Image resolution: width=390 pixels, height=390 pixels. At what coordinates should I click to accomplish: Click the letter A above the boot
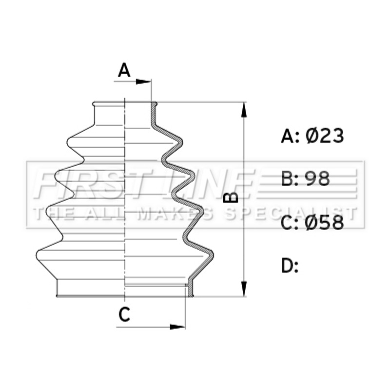[124, 70]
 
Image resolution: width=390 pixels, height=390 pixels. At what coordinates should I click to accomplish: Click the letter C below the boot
[124, 314]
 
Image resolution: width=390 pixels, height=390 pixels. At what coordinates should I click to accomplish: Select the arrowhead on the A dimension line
[143, 81]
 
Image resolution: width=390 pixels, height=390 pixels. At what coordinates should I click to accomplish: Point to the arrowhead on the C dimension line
[177, 327]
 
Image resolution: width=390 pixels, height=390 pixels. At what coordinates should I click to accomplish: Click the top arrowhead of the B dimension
[244, 110]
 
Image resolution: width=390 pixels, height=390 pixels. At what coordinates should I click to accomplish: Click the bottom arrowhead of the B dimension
[244, 289]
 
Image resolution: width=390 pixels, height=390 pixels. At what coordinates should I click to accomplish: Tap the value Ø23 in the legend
[325, 136]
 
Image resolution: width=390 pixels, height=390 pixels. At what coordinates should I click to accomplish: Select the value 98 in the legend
[318, 178]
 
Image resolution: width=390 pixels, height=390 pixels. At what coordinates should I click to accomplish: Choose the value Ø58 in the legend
[324, 222]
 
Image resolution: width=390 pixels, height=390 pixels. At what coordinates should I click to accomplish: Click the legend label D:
[290, 265]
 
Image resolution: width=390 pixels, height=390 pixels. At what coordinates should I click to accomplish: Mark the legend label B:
[290, 178]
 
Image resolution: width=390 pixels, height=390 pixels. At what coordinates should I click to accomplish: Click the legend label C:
[290, 222]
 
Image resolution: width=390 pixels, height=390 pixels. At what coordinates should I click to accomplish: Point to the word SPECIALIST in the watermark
[291, 214]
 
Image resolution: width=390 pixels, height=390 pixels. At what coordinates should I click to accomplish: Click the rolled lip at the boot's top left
[94, 104]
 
